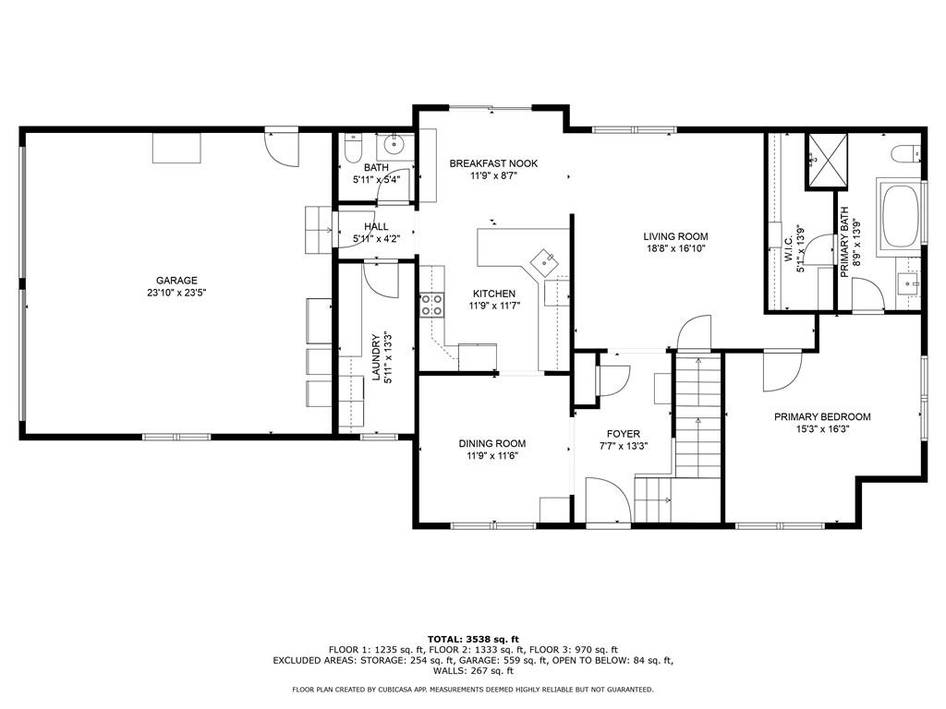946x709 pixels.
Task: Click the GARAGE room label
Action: pos(176,281)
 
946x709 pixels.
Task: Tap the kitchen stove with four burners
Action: pos(431,305)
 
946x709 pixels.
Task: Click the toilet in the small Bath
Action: pos(352,148)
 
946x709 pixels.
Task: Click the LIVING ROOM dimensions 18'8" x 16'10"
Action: pos(675,248)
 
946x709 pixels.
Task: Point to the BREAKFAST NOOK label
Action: pos(493,163)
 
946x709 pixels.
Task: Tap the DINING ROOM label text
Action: pos(492,443)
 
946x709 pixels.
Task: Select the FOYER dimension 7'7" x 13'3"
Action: pos(624,446)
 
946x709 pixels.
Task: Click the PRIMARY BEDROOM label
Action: pos(822,416)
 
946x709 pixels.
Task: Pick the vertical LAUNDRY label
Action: pos(376,357)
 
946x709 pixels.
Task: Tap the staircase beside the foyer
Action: pos(697,415)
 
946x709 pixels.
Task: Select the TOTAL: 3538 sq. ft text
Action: pos(473,639)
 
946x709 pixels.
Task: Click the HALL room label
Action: pos(376,226)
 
